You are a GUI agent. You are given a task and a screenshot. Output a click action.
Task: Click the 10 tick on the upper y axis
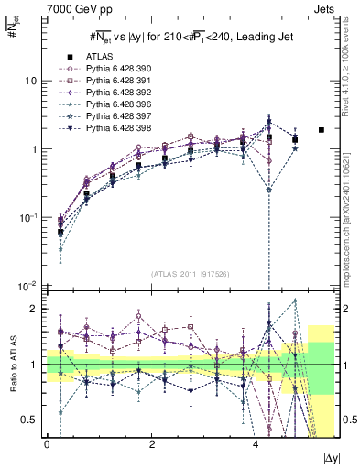(x=30, y=81)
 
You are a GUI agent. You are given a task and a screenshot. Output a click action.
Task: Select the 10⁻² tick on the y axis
(x=27, y=286)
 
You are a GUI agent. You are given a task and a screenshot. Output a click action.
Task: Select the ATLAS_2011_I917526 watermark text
(x=190, y=274)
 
